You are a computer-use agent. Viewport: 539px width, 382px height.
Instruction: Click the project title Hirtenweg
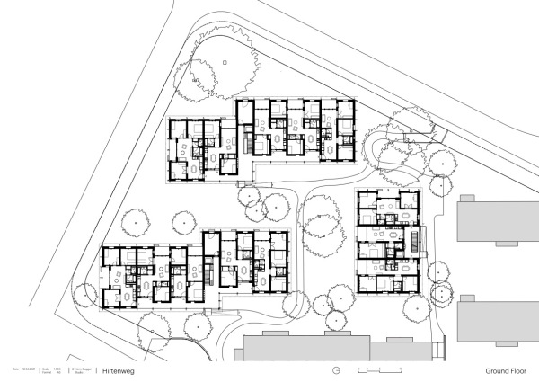pyautogui.click(x=118, y=370)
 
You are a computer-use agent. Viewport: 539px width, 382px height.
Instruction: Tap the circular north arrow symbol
pyautogui.click(x=335, y=370)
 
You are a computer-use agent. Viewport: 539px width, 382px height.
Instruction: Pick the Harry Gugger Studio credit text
pyautogui.click(x=83, y=370)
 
